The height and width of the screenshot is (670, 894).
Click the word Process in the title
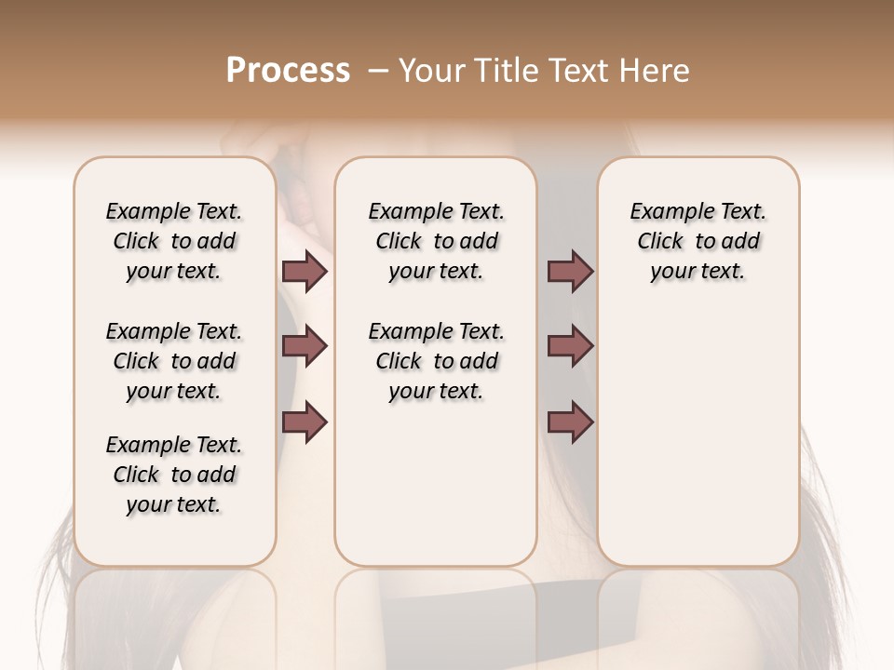287,71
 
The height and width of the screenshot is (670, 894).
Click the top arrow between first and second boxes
305,272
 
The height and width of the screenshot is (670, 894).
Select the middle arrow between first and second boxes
305,346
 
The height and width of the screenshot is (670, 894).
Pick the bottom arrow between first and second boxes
305,422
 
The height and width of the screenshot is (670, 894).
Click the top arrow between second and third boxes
570,272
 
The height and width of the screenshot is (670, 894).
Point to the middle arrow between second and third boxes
570,346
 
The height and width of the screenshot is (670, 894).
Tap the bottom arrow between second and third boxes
570,422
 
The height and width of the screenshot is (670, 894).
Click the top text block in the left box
174,241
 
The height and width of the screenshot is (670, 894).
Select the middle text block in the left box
174,361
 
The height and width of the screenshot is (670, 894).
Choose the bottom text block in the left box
174,475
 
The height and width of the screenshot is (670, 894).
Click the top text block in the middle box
436,241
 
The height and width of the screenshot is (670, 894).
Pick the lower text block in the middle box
436,361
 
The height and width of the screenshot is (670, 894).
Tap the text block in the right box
698,241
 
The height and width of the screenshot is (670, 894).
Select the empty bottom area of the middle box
436,493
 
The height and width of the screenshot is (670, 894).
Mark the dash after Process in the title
376,71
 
